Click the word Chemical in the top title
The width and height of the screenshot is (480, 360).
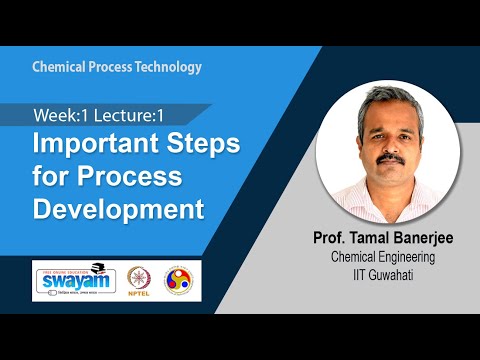tap(61, 67)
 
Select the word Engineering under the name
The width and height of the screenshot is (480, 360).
tap(415, 256)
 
